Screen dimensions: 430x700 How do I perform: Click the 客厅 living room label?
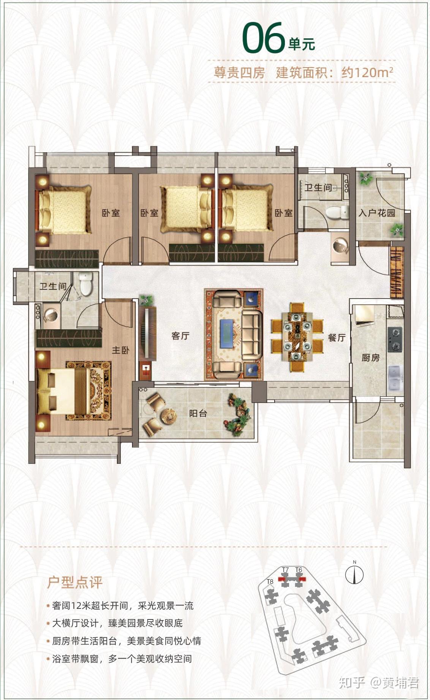(x=180, y=336)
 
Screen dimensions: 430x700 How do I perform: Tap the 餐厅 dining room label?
(x=337, y=338)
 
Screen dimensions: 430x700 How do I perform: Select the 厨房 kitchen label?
(x=370, y=357)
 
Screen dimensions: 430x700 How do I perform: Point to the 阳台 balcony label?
(x=198, y=413)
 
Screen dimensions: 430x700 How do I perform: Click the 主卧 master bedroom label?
(x=120, y=350)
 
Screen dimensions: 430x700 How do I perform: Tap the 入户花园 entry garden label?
(x=377, y=213)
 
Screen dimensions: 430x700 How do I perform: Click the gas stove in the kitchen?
(x=395, y=339)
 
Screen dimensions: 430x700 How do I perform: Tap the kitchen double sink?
(x=395, y=378)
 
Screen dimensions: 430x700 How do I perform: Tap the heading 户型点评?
(x=75, y=582)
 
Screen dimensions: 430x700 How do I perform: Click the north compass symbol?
(x=354, y=575)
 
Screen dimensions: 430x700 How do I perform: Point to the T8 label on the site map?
(x=270, y=581)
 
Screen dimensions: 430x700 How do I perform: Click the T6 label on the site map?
(x=299, y=570)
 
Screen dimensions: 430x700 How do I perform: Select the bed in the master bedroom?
(x=63, y=391)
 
